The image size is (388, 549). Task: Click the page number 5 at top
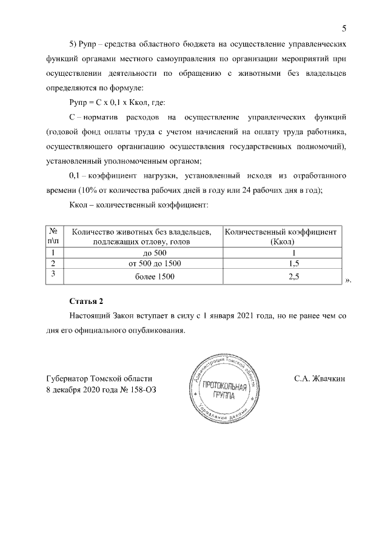(x=344, y=28)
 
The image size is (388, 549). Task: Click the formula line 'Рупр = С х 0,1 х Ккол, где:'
(x=113, y=102)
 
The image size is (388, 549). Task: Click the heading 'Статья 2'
(x=87, y=301)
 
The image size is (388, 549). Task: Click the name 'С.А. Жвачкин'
(x=319, y=379)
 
